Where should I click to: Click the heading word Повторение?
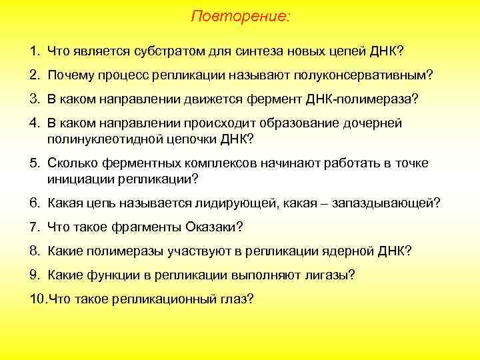point(240,15)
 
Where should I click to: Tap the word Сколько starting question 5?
point(72,163)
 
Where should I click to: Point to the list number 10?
point(37,299)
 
